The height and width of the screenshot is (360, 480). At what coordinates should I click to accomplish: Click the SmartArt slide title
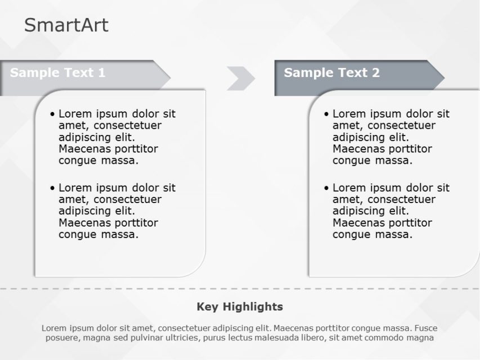66,25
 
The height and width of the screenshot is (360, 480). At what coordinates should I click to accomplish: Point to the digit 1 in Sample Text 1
102,73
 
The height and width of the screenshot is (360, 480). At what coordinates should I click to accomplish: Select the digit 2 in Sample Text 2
375,73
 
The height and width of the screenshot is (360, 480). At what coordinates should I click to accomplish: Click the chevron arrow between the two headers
241,78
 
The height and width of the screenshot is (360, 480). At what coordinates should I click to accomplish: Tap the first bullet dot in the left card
53,114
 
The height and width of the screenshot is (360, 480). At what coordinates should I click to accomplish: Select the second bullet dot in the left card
53,188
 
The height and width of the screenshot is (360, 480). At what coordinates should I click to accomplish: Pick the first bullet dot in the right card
327,114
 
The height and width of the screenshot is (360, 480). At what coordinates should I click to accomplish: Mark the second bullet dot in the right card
327,188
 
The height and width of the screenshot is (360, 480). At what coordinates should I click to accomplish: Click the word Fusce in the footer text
426,328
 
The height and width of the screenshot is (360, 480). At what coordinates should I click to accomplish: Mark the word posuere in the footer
62,338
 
